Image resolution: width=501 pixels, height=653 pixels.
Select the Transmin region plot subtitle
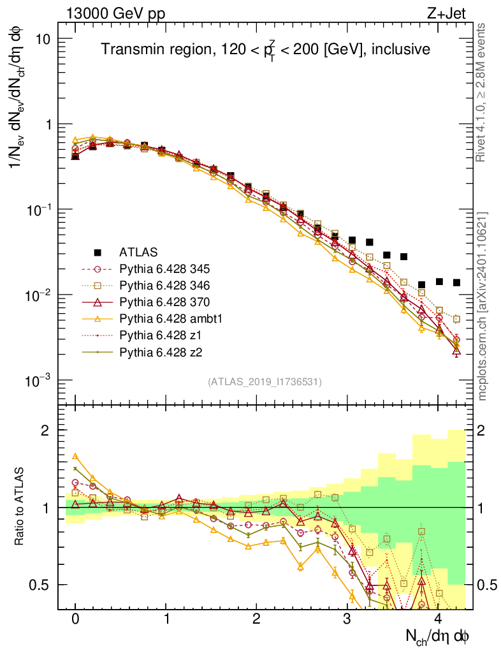[x=265, y=49]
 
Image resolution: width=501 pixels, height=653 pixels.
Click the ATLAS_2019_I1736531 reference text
[x=265, y=382]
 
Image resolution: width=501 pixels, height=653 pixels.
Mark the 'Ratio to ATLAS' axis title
[x=20, y=508]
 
